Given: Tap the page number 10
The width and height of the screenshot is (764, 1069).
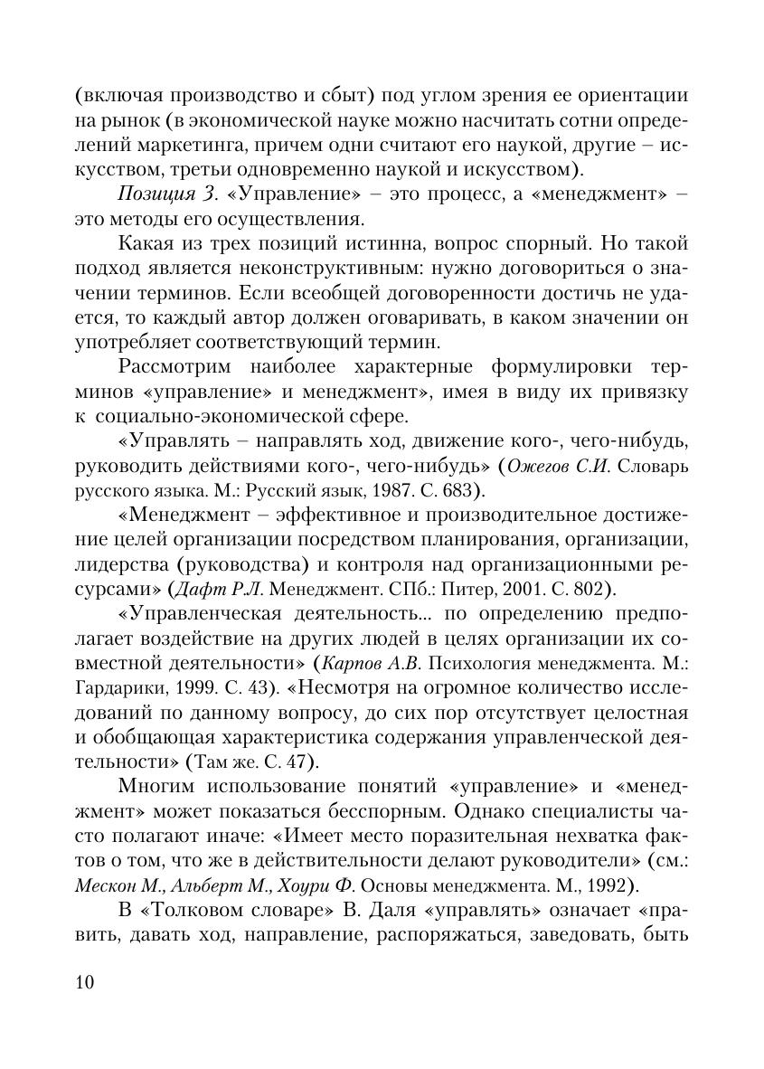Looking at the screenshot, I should pos(85,983).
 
